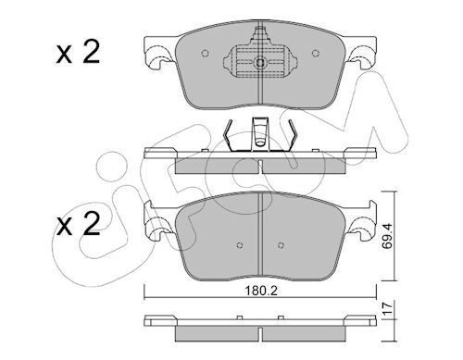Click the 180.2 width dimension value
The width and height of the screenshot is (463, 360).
click(261, 291)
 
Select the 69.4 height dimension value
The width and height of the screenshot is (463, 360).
click(387, 236)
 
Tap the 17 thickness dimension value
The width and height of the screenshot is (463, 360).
click(387, 308)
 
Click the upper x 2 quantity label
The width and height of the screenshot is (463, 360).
click(78, 53)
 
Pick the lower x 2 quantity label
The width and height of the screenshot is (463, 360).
click(78, 224)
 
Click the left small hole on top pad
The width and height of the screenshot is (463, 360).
click(205, 54)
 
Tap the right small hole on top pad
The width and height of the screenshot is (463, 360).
click(316, 54)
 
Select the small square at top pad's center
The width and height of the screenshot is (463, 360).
click(260, 63)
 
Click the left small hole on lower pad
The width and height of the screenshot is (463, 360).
click(240, 245)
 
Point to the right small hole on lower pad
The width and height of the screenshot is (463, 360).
click(281, 245)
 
